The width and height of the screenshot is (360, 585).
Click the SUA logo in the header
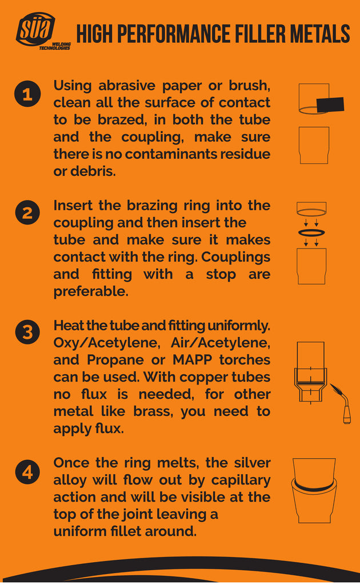pos(35,30)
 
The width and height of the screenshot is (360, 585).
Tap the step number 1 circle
pos(27,95)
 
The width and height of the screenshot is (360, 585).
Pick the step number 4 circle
pos(27,472)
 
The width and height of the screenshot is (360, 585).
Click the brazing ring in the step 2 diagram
pos(312,233)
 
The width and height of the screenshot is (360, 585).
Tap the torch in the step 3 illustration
pos(341,402)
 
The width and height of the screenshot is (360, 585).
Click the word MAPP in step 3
pos(193,360)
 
